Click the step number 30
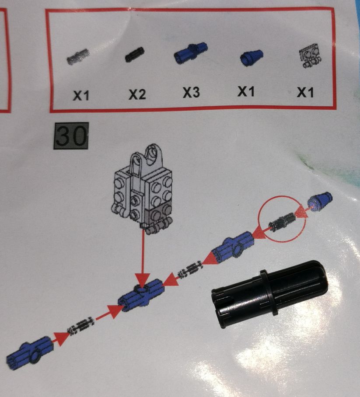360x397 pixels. (x=71, y=136)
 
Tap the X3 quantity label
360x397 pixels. (x=192, y=92)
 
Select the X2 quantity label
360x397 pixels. (x=137, y=94)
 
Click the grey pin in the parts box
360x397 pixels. (x=78, y=56)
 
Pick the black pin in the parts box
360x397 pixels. (x=135, y=55)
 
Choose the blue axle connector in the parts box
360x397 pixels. (x=191, y=52)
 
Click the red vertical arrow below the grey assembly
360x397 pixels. (x=143, y=258)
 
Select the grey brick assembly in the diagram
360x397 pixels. (x=142, y=188)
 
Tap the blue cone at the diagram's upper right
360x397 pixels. (x=320, y=201)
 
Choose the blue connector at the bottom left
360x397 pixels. (x=30, y=352)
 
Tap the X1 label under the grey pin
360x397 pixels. (x=81, y=95)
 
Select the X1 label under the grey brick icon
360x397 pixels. (x=305, y=92)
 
